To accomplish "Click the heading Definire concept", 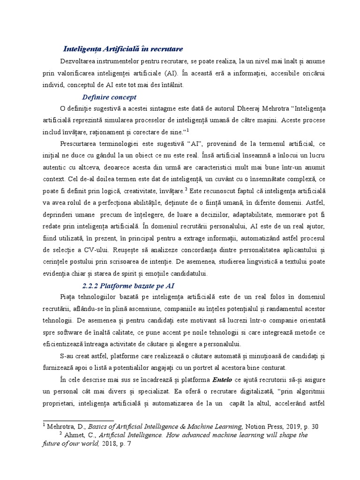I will coord(109,97).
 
